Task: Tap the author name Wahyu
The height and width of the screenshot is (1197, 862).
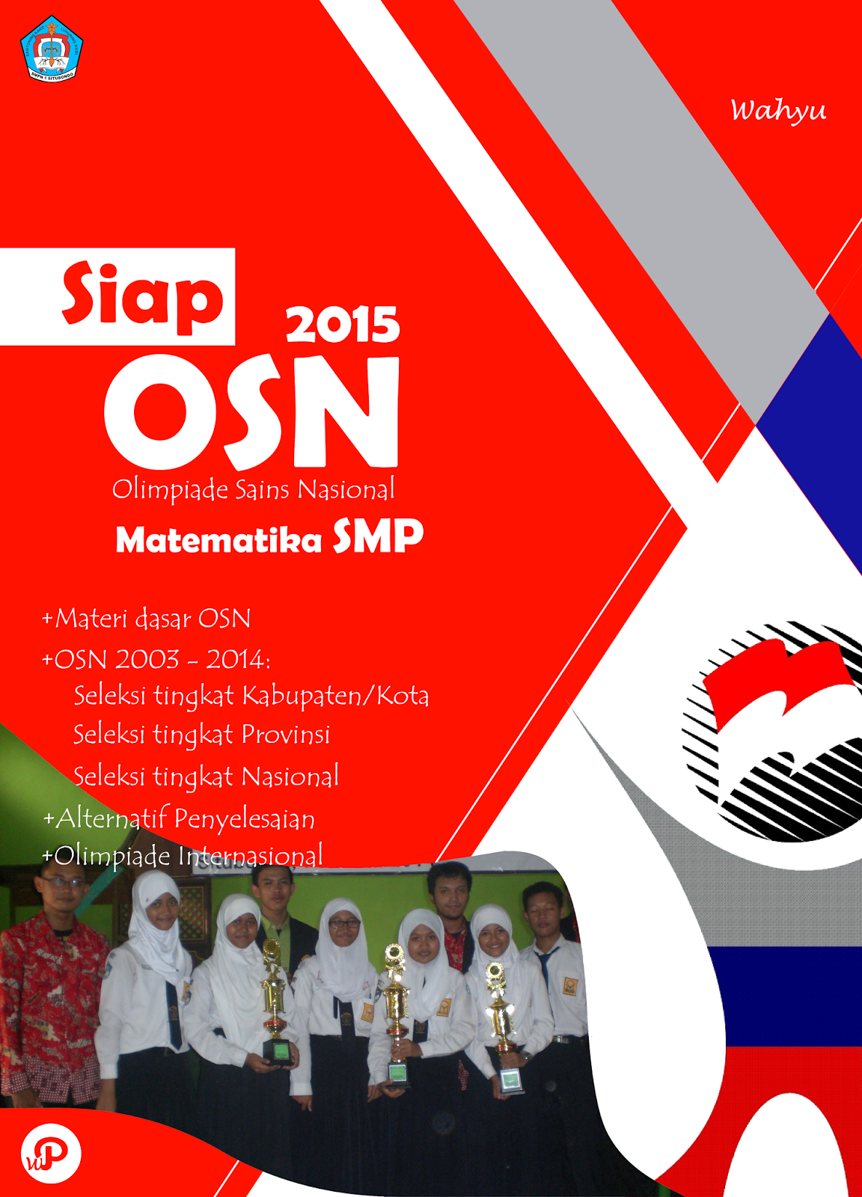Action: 778,111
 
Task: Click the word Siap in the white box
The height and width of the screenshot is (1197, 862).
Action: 142,295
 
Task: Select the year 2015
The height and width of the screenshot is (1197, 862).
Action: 343,325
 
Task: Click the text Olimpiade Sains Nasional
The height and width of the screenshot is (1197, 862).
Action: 253,489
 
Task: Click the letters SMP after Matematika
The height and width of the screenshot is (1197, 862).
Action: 378,536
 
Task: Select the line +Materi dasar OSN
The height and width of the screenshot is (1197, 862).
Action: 147,619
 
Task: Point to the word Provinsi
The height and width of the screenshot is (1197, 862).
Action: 285,735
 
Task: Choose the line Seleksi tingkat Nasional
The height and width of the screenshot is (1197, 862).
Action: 206,777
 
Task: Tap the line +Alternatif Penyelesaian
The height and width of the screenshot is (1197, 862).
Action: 179,818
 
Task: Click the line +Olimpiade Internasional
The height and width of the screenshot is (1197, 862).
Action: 183,855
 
